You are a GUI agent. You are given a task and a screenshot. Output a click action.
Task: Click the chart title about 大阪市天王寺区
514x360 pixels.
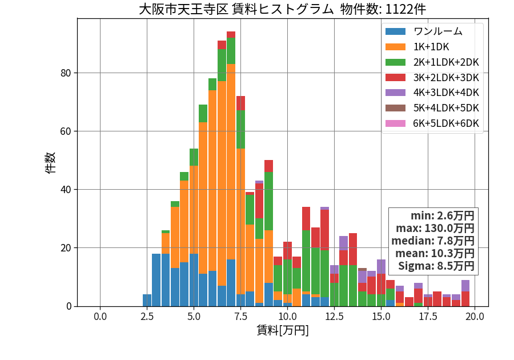coord(282,9)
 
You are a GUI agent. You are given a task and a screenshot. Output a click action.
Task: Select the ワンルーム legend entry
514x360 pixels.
coord(424,31)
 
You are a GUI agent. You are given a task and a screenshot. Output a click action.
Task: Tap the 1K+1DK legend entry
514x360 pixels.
coord(417,47)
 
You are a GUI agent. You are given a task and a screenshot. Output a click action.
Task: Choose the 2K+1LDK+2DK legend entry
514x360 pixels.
coord(432,62)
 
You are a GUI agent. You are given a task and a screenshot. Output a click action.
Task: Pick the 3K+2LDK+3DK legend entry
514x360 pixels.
coord(432,78)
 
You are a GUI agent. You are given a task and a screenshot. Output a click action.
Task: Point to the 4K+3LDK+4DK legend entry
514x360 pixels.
coord(432,93)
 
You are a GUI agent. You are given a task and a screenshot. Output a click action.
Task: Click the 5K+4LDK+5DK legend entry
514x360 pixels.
coord(432,108)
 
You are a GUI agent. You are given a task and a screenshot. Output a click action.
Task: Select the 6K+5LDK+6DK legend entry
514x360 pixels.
coord(432,123)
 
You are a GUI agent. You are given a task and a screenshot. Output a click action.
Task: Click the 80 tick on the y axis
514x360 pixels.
coord(66,73)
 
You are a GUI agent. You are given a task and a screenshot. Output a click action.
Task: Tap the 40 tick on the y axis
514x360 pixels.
coord(66,190)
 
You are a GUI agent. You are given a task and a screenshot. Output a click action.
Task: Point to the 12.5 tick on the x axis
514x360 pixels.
coord(334,317)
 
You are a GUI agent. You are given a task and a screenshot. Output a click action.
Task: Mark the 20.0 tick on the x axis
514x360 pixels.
coord(475,317)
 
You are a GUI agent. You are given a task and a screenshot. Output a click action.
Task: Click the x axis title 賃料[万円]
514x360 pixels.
coord(283,330)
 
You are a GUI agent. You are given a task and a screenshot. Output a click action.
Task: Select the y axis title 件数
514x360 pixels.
coord(50,163)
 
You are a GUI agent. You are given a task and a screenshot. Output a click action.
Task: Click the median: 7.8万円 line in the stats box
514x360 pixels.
coord(433,241)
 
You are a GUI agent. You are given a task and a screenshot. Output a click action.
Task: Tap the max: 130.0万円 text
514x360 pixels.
coord(435,228)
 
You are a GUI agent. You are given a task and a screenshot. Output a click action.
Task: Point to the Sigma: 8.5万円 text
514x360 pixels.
coord(436,266)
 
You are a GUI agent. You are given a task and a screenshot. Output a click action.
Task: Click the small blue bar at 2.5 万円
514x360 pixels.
coord(147,301)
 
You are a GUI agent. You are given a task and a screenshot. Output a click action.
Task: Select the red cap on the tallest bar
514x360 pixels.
coord(231,35)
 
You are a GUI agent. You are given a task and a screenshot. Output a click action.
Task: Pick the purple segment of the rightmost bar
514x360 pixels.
coord(465,286)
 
